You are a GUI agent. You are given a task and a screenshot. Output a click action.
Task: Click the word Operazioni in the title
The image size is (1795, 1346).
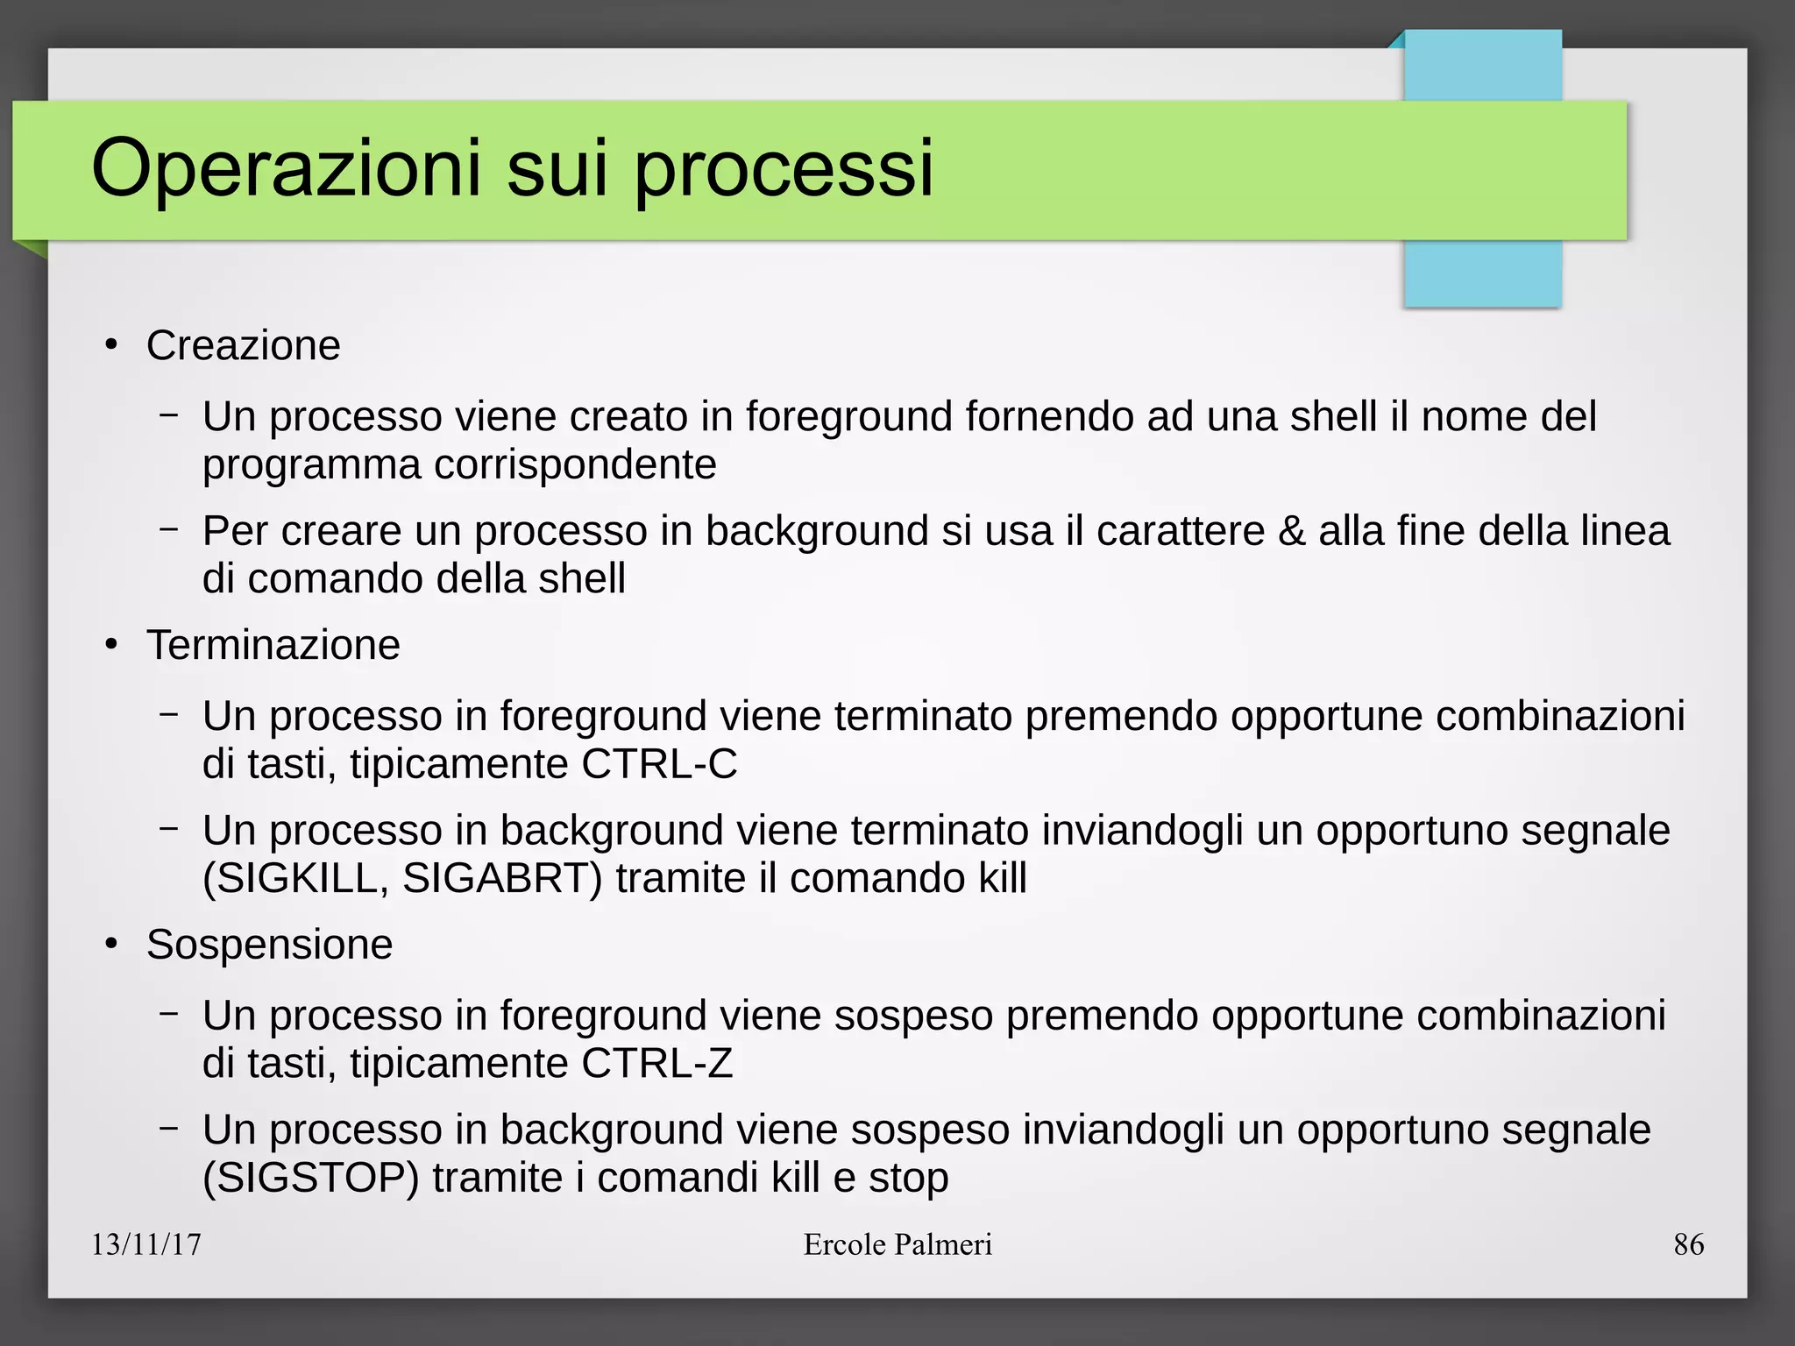tap(287, 168)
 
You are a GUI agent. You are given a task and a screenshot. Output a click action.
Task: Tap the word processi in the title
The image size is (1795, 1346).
tap(784, 168)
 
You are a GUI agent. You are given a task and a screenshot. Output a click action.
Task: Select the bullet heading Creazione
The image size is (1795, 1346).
tap(243, 345)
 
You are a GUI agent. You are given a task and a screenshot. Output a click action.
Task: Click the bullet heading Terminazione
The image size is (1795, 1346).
tap(273, 645)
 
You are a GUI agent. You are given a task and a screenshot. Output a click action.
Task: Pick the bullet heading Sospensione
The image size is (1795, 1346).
tap(269, 945)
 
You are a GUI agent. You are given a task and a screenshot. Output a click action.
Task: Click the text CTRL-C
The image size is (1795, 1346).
tap(659, 764)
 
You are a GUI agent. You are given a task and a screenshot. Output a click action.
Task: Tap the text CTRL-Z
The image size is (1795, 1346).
tap(656, 1064)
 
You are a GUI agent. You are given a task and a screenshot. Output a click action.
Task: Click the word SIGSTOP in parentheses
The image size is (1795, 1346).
tap(311, 1179)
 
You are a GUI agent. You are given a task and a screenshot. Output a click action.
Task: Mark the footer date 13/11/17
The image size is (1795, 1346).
tap(146, 1244)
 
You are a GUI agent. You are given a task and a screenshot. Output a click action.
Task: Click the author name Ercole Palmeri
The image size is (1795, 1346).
tap(897, 1244)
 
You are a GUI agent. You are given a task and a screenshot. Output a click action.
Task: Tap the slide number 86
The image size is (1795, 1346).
tap(1688, 1244)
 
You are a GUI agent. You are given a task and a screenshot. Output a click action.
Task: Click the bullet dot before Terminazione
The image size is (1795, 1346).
tap(111, 646)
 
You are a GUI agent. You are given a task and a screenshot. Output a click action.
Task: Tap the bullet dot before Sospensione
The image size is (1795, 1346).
tap(111, 946)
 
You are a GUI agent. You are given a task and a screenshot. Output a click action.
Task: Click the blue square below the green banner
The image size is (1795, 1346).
tap(1482, 273)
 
